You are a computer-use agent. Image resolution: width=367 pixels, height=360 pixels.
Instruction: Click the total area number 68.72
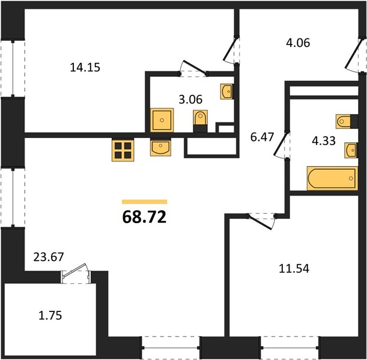pyautogui.click(x=144, y=217)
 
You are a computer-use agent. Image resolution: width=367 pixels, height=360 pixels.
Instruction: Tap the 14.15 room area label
pyautogui.click(x=85, y=67)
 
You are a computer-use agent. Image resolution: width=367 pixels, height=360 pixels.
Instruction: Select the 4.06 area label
pyautogui.click(x=298, y=43)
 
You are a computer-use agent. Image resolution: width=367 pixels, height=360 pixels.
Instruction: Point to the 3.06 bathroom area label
pyautogui.click(x=190, y=100)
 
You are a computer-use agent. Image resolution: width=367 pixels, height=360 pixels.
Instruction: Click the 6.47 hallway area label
pyautogui.click(x=262, y=137)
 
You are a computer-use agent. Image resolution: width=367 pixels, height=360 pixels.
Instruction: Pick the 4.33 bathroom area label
pyautogui.click(x=324, y=141)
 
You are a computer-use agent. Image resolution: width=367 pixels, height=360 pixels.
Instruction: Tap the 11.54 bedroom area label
pyautogui.click(x=294, y=269)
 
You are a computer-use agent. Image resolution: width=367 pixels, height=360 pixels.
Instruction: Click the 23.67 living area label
pyautogui.click(x=49, y=257)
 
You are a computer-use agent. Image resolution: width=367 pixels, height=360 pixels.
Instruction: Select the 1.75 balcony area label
pyautogui.click(x=50, y=316)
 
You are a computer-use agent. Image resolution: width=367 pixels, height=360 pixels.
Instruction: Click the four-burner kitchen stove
pyautogui.click(x=123, y=151)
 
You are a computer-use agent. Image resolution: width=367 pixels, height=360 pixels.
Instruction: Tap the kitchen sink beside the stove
pyautogui.click(x=160, y=147)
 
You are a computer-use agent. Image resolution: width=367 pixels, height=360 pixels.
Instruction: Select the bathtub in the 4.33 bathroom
pyautogui.click(x=332, y=178)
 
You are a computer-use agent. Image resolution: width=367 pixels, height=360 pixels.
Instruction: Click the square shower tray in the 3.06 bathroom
pyautogui.click(x=162, y=120)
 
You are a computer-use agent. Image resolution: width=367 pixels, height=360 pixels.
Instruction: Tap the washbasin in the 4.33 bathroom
pyautogui.click(x=351, y=151)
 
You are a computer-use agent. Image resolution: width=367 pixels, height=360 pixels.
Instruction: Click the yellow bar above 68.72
pyautogui.click(x=145, y=202)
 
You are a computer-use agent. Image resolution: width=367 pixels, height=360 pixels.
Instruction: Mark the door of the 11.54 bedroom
pyautogui.click(x=262, y=221)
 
